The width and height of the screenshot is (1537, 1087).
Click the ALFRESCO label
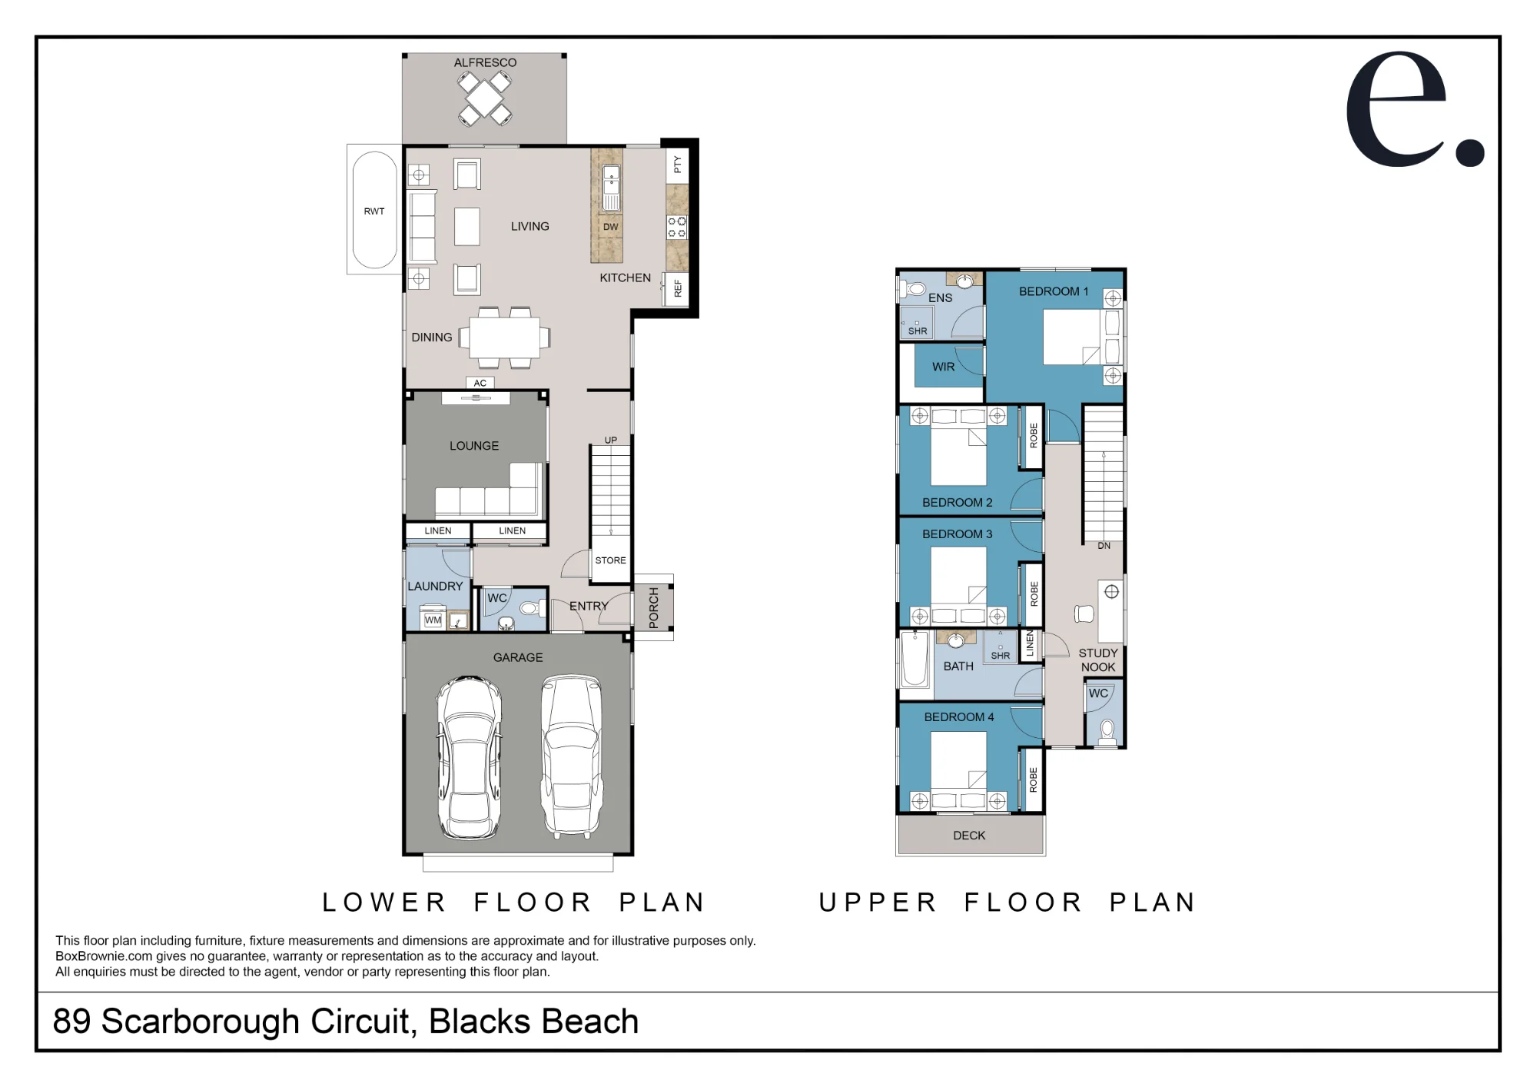[485, 62]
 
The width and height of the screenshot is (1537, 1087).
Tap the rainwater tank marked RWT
[374, 210]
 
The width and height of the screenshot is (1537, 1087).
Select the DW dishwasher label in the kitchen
[610, 227]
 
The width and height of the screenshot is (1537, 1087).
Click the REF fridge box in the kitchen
[676, 289]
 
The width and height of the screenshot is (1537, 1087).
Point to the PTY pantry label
[677, 165]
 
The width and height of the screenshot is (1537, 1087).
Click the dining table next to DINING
[504, 337]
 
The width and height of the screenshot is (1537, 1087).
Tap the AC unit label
[480, 383]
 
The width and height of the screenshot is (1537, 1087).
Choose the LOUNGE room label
[474, 446]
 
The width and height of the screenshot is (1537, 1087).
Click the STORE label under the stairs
[610, 560]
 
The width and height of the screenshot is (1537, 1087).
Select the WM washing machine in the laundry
[433, 620]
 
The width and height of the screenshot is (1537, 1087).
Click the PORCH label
[654, 608]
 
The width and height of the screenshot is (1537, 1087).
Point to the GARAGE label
[518, 657]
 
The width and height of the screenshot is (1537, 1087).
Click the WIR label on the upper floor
[944, 367]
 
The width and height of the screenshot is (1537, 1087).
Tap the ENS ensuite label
[940, 298]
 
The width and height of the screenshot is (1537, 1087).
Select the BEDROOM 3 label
[958, 534]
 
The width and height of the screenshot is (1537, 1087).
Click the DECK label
[969, 835]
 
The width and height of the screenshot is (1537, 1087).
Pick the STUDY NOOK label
[1098, 660]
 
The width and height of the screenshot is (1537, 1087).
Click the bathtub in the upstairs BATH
[915, 658]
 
